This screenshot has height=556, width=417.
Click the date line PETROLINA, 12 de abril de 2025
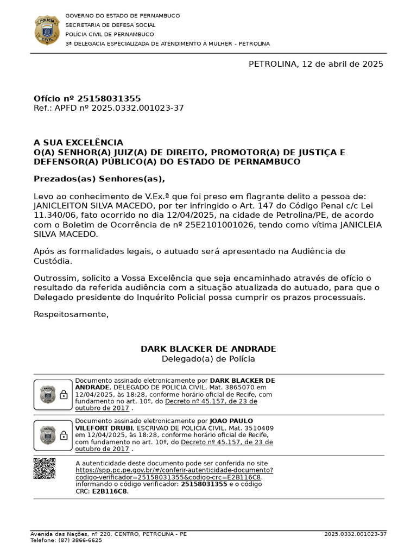315,64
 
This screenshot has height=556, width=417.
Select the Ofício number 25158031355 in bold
109,98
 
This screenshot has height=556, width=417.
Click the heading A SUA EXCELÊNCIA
78,142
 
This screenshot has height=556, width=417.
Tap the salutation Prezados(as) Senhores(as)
99,179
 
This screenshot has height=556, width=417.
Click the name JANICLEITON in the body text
59,206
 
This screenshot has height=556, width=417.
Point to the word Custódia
51,261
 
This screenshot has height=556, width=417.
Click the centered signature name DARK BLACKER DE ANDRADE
208,349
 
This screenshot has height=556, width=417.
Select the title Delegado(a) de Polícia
208,359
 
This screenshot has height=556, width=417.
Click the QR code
45,469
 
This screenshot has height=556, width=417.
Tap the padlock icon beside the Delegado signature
64,395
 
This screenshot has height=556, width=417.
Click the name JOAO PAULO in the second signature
231,421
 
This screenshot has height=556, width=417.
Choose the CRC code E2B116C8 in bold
110,491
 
